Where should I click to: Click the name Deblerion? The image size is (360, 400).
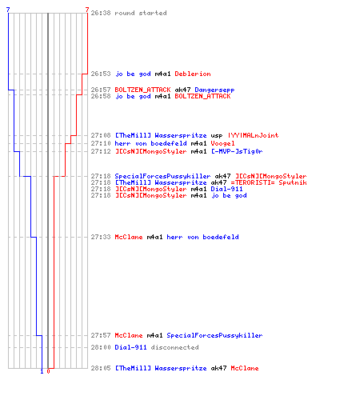click(193, 74)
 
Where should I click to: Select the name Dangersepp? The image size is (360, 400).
click(214, 90)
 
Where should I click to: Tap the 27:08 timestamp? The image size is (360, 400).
click(101, 135)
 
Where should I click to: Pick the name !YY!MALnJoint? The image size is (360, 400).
click(253, 135)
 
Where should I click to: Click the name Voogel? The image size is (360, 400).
click(222, 144)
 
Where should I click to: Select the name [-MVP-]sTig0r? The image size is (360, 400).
click(237, 151)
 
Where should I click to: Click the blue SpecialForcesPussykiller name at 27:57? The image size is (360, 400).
click(214, 335)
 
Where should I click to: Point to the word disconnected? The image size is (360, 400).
click(174, 347)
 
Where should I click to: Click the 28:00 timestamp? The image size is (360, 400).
click(101, 347)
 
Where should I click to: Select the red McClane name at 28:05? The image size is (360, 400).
click(245, 368)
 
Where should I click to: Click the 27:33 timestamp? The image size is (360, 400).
click(101, 237)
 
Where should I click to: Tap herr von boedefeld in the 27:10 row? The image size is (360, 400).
click(150, 143)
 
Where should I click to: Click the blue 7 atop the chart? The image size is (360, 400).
click(8, 10)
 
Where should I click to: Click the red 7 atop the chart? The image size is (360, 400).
click(87, 10)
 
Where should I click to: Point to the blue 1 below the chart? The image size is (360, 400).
click(42, 371)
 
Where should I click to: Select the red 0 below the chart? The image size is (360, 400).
click(48, 371)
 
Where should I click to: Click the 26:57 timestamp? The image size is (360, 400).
click(101, 90)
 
